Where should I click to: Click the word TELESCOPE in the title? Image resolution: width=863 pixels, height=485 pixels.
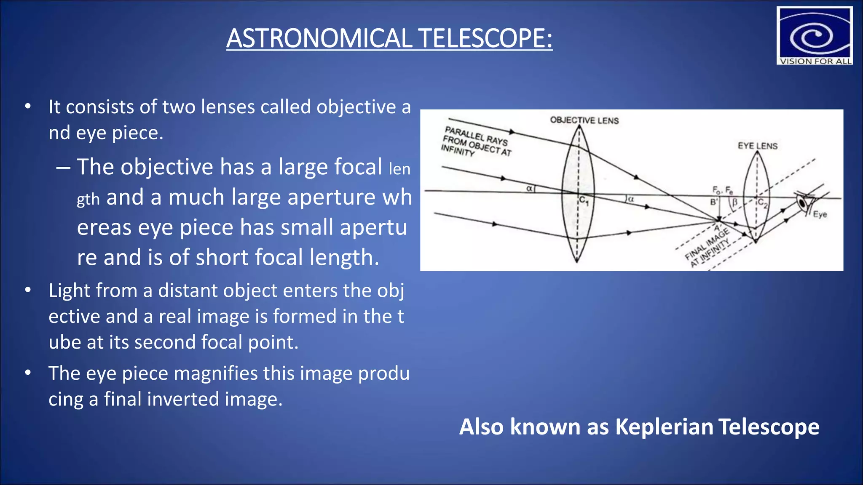coord(485,38)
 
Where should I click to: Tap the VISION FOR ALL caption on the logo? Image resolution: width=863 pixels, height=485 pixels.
coord(815,61)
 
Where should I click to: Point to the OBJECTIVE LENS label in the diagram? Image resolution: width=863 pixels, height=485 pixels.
coord(584,120)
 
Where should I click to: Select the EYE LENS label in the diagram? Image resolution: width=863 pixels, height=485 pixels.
coord(757,146)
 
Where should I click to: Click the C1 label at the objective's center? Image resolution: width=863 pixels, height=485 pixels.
coord(584,201)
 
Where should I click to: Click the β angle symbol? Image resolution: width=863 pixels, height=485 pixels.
coord(734,203)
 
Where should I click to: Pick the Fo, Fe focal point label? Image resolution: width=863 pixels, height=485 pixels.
coord(722,190)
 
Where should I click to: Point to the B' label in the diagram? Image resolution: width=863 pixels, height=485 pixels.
coord(714,202)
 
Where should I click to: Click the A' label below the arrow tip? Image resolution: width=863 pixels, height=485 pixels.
coord(717,228)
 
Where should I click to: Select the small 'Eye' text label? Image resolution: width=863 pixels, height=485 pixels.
coord(820,214)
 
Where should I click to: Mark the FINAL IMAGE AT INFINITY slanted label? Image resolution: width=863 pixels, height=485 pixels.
coord(708,248)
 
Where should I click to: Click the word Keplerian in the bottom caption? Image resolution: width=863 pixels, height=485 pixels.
coord(664,427)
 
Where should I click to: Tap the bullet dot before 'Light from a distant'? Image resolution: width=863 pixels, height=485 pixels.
coord(28,290)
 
